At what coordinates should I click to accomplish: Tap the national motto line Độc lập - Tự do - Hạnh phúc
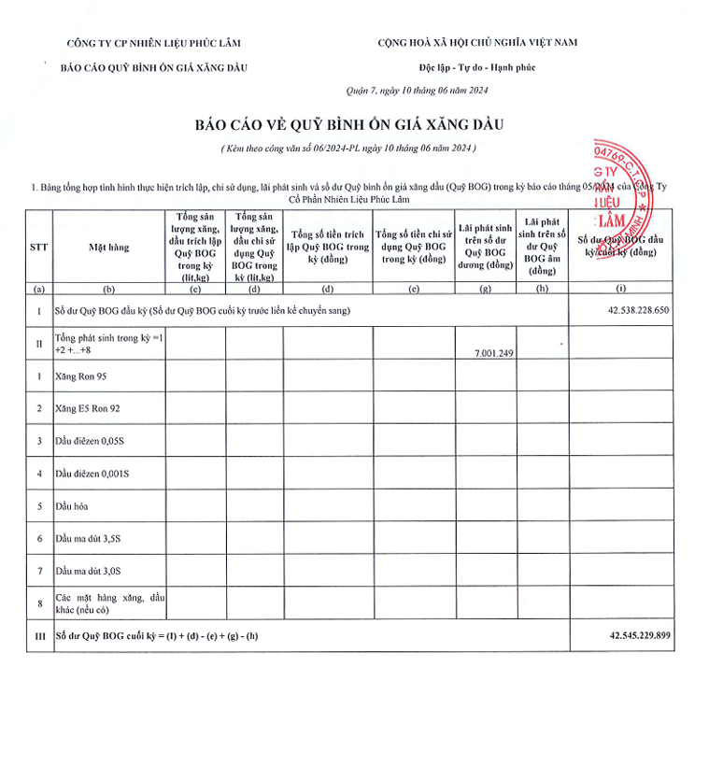tap(477, 67)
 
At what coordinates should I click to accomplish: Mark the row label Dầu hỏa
tap(74, 505)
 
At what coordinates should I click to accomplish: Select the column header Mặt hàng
tap(108, 248)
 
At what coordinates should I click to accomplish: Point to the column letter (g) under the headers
tap(486, 289)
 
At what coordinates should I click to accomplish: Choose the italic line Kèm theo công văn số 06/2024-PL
tap(349, 148)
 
